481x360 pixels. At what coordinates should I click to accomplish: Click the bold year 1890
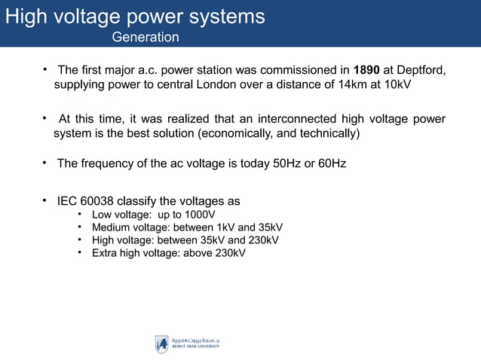[x=366, y=71]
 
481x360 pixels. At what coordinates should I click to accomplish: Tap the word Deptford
[x=421, y=71]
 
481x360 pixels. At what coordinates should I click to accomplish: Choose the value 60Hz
[x=330, y=163]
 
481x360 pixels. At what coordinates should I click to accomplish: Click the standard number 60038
[x=106, y=202]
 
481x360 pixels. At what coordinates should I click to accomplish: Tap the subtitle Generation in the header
[x=146, y=37]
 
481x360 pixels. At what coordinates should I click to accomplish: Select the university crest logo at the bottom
[x=161, y=344]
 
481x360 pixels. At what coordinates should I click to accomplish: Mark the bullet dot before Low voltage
[x=80, y=214]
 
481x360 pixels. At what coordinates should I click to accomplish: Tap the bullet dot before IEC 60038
[x=45, y=200]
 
